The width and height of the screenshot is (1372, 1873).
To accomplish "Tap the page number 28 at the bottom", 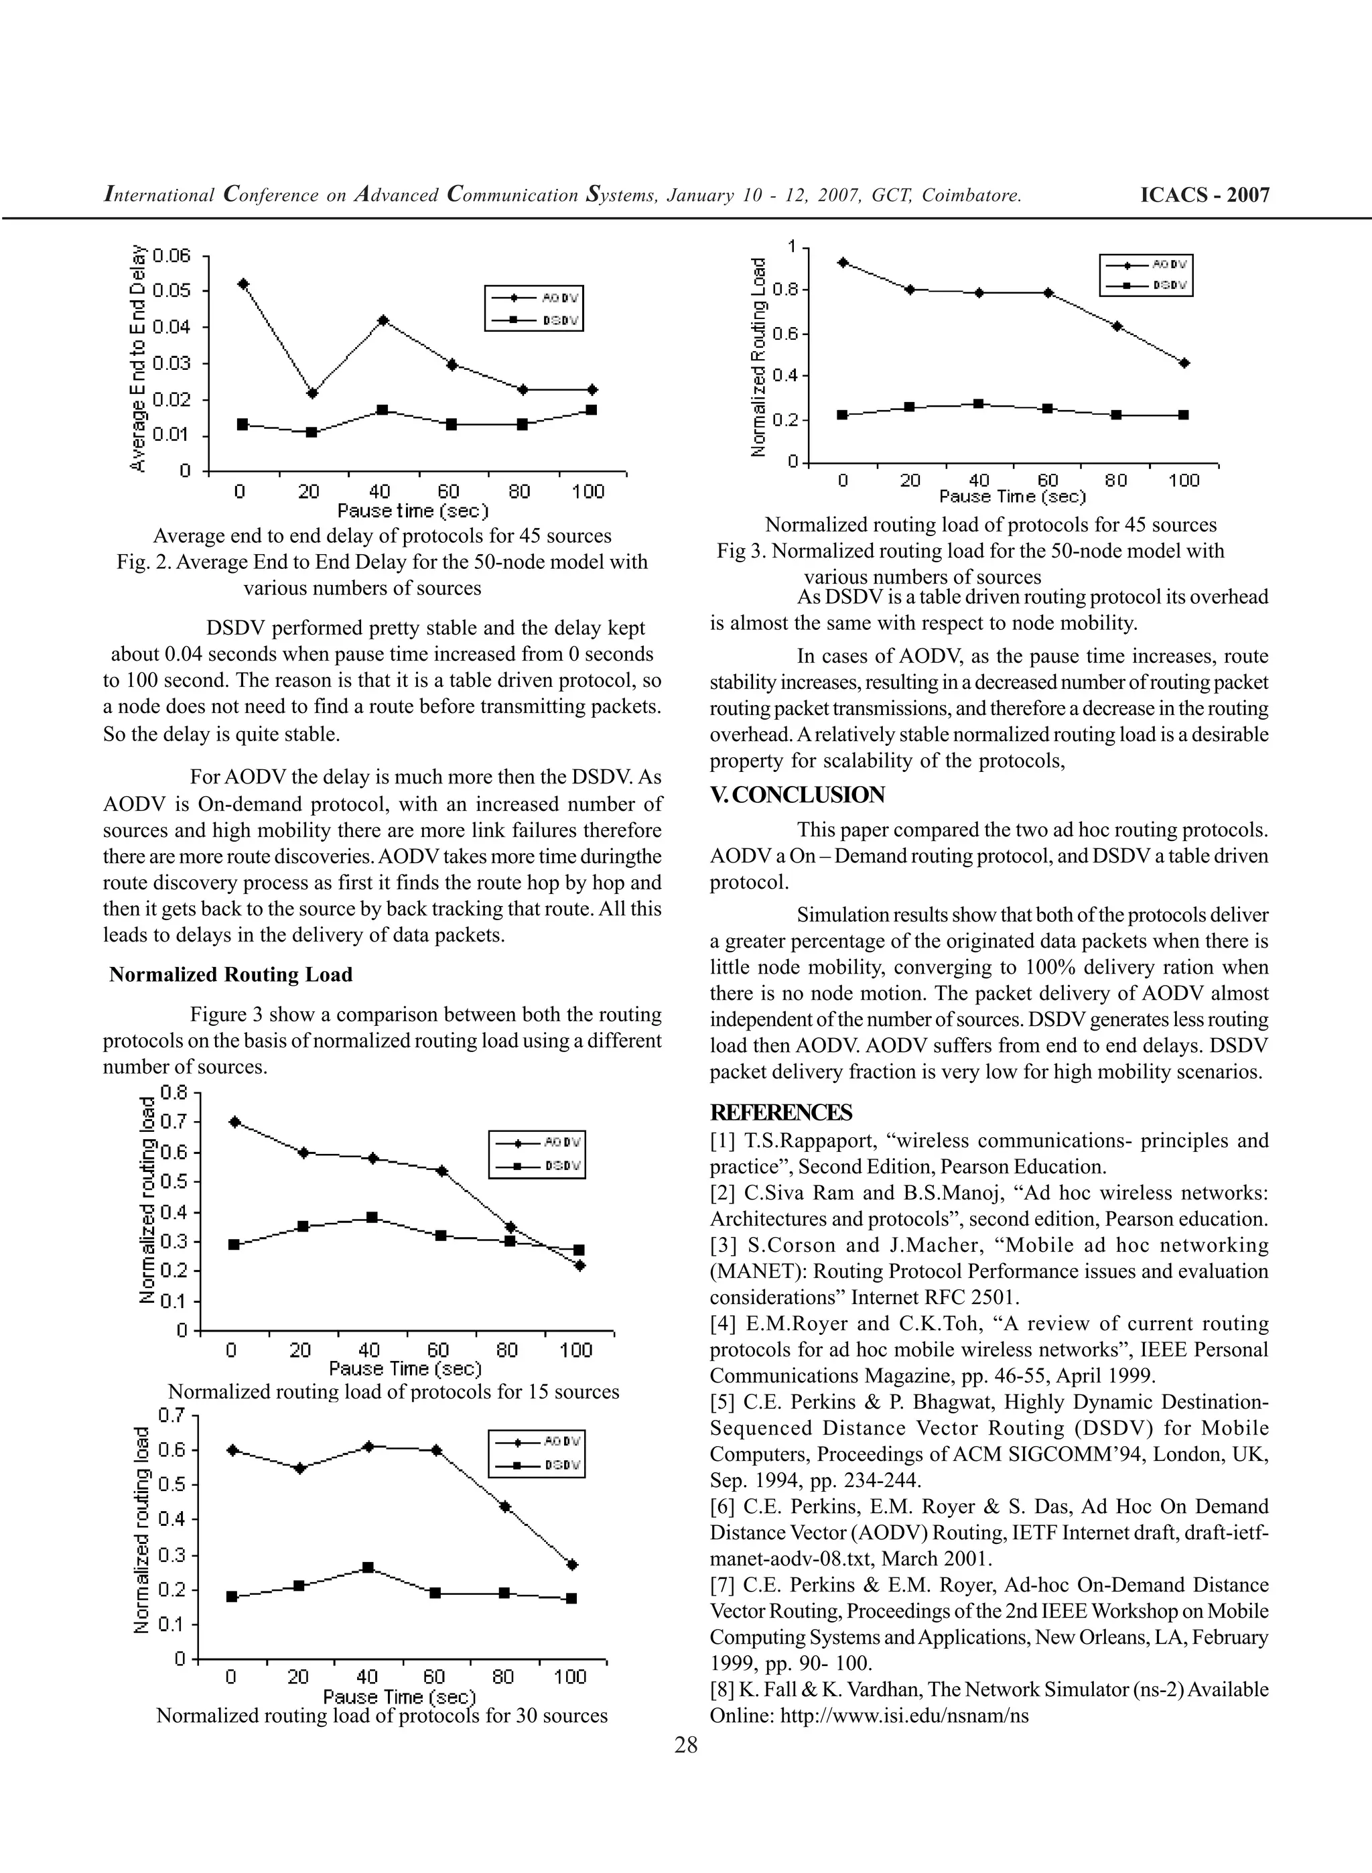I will [x=686, y=1744].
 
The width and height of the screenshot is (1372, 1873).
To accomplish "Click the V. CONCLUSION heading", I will [x=797, y=795].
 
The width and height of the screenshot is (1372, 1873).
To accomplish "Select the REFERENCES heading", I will [x=780, y=1112].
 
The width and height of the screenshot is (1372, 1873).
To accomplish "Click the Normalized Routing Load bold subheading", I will [x=231, y=974].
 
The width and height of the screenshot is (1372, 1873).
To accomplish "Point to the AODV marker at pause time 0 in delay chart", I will [x=243, y=284].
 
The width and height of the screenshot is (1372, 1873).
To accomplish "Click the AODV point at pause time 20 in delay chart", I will [x=312, y=393].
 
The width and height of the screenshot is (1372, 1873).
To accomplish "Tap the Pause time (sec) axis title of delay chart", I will [x=413, y=510].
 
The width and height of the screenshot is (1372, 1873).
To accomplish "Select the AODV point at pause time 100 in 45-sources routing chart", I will [x=1184, y=363].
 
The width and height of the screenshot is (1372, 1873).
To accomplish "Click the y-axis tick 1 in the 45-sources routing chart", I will [x=791, y=247].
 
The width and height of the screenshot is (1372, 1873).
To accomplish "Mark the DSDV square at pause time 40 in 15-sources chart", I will [x=372, y=1218].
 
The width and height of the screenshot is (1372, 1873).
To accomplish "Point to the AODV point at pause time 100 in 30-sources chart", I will [x=571, y=1565].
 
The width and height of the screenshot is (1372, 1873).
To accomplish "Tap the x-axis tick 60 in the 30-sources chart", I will [x=434, y=1676].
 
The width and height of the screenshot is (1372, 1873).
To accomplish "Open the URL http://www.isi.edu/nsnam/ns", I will [x=904, y=1716].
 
